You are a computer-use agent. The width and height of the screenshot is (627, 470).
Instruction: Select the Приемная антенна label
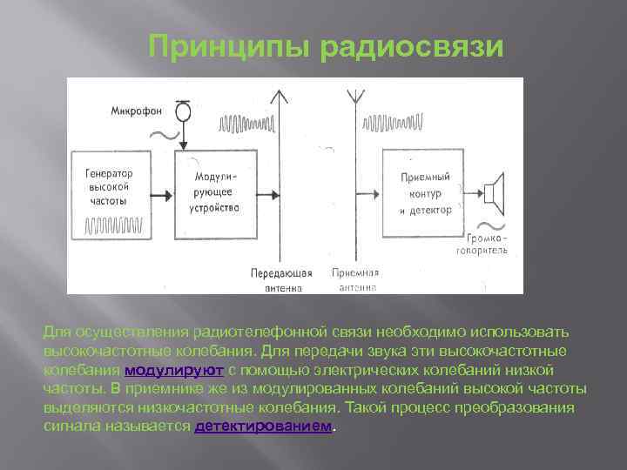click(354, 279)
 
